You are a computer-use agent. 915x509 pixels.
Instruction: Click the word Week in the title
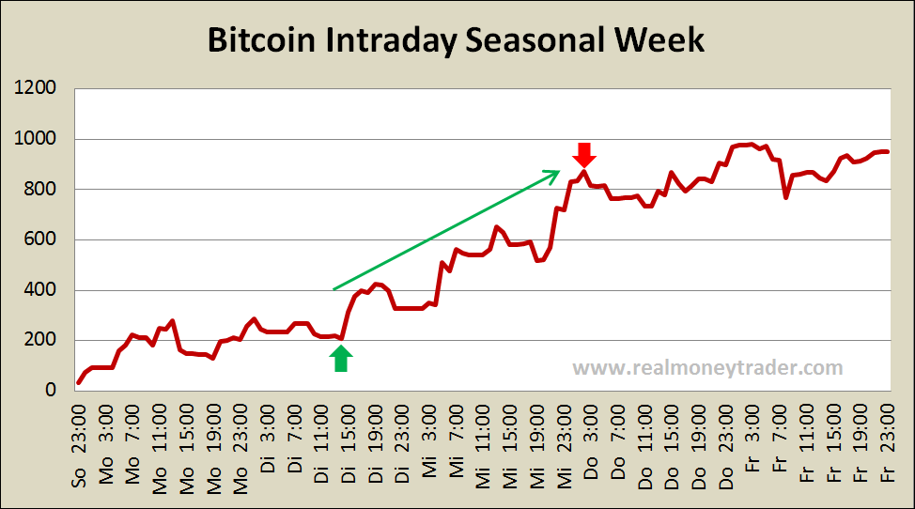pyautogui.click(x=659, y=42)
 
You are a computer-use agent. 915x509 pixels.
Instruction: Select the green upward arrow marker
pyautogui.click(x=341, y=359)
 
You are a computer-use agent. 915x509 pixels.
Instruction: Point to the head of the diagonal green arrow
pyautogui.click(x=557, y=172)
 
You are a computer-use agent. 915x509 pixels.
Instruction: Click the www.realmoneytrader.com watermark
pyautogui.click(x=707, y=368)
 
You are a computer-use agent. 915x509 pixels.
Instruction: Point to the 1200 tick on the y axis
pyautogui.click(x=37, y=89)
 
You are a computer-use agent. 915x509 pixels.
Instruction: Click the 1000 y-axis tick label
pyautogui.click(x=37, y=140)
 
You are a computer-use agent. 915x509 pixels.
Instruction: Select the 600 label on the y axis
pyautogui.click(x=41, y=239)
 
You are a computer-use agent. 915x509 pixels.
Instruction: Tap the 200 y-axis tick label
pyautogui.click(x=41, y=340)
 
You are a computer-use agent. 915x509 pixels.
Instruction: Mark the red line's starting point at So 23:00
pyautogui.click(x=79, y=382)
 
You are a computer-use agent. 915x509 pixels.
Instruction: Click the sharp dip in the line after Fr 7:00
pyautogui.click(x=785, y=196)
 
